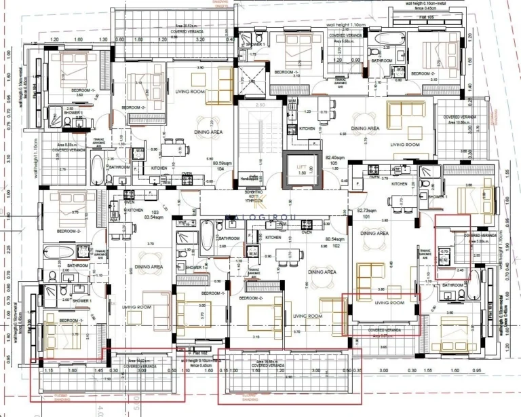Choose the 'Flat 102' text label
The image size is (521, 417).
(x=198, y=352)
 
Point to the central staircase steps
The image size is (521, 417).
(x=258, y=146)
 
